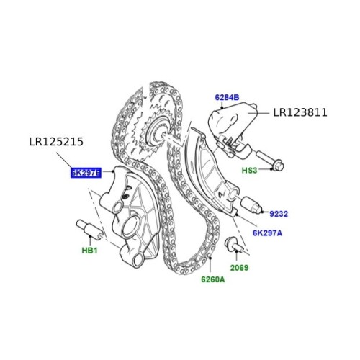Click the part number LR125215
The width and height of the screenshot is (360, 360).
tap(56, 142)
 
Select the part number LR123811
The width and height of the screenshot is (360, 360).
tap(300, 112)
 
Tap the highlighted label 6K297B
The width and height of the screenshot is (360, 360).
tap(86, 173)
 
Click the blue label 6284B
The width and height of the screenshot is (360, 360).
tap(227, 98)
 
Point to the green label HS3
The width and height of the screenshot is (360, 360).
tap(249, 171)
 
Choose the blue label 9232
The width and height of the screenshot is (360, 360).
tap(279, 214)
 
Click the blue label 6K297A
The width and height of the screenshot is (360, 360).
tap(267, 233)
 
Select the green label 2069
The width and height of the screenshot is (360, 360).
tap(239, 268)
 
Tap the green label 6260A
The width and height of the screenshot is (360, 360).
tap(213, 279)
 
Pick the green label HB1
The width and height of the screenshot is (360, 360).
tap(89, 251)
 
